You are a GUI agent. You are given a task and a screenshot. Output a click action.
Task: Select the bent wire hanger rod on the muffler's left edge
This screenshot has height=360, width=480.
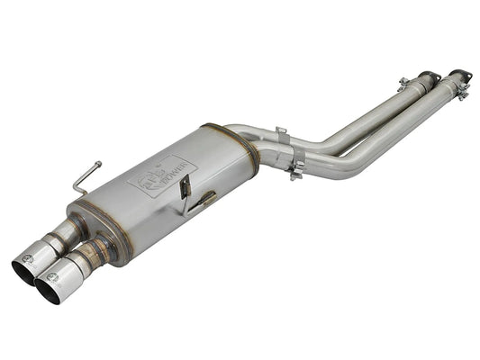86,176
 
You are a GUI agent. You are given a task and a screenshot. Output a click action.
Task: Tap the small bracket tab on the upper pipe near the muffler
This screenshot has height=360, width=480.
282,135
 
